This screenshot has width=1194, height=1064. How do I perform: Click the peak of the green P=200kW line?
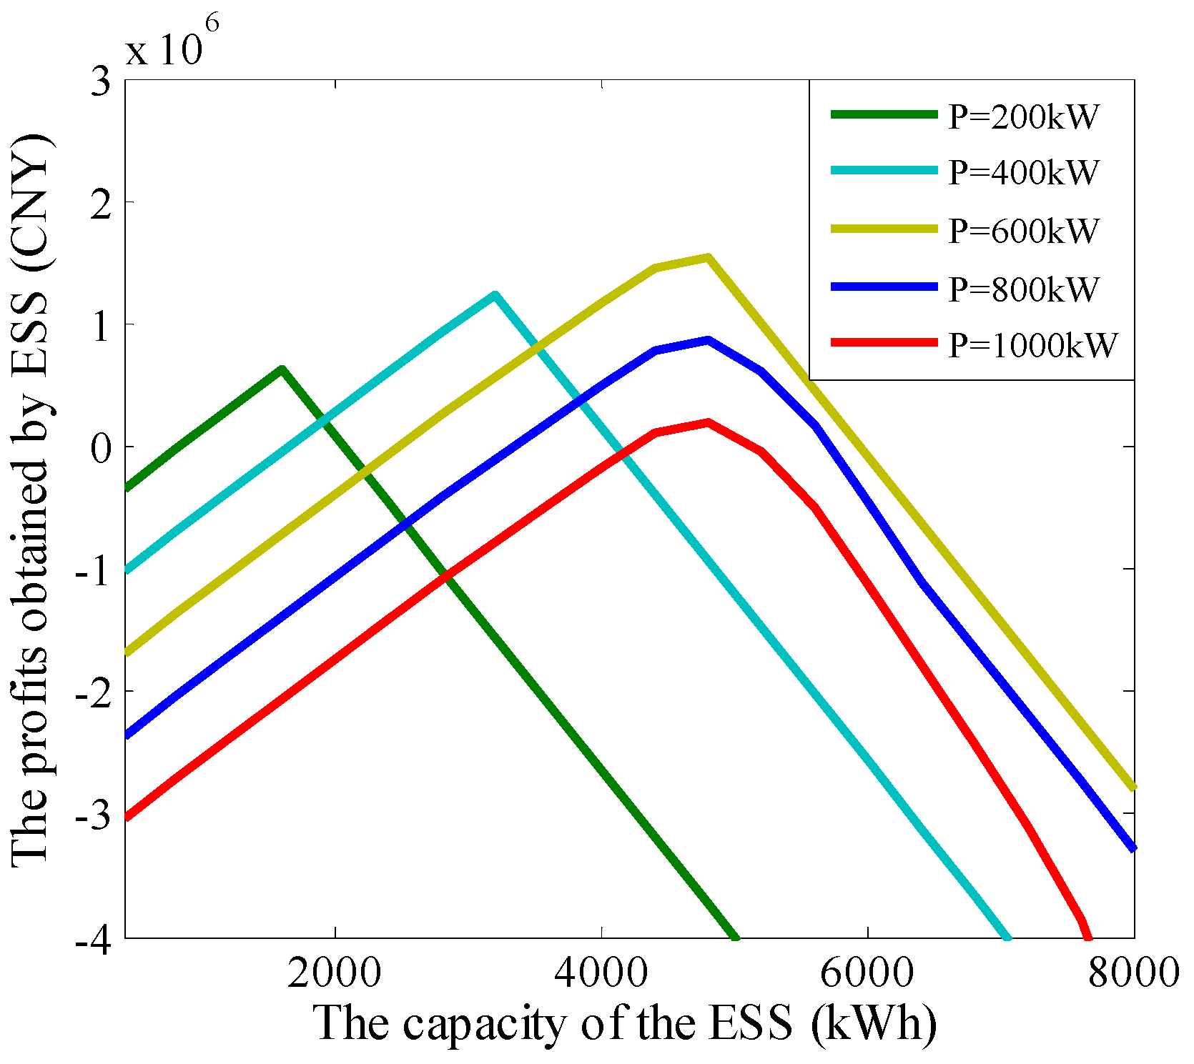[x=282, y=369]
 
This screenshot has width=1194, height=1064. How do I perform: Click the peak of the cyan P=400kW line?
[x=495, y=294]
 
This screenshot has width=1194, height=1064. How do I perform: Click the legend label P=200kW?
[x=1023, y=116]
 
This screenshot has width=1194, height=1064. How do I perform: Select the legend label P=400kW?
[x=1023, y=172]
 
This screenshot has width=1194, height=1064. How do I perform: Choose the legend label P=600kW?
[x=1023, y=230]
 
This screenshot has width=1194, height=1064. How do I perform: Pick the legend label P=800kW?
[x=1023, y=289]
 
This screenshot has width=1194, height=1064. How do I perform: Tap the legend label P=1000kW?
[x=1032, y=345]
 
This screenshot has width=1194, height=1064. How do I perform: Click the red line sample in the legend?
[x=884, y=344]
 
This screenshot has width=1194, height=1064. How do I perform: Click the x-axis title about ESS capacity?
[x=625, y=1023]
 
